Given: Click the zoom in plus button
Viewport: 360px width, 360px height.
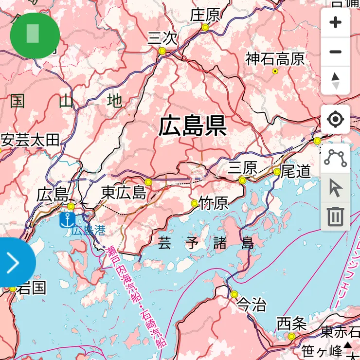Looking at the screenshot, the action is coord(335,23).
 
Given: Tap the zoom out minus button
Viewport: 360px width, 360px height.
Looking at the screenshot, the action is coord(335,52).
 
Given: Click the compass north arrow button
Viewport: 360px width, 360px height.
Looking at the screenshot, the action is coord(335,80).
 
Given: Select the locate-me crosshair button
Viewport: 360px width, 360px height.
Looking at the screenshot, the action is coord(335,119).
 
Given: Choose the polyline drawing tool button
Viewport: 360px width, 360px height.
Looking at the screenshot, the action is coord(335,158).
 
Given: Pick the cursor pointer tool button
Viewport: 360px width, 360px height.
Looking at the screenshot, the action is coord(335,188).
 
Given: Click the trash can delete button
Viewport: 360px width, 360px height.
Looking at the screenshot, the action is coord(335,216).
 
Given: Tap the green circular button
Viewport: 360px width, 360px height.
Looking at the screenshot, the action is coord(35,36).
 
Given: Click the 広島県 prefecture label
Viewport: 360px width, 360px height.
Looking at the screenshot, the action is coord(192,126).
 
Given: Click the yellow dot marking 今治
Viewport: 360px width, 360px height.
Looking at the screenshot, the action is coord(234,294).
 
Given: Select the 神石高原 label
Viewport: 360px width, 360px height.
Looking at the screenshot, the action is coord(275,59).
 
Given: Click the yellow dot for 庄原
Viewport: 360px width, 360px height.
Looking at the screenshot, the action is coord(205,28).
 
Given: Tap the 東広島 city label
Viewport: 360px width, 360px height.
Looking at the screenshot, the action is coord(124,193).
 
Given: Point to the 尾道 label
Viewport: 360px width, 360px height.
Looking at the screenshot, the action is coord(296,171).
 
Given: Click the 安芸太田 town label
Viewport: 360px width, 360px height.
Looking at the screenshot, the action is coord(30,141).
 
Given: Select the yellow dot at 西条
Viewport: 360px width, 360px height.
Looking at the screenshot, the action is coord(291,336).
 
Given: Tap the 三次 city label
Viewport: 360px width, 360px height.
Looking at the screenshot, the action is coord(162,38).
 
